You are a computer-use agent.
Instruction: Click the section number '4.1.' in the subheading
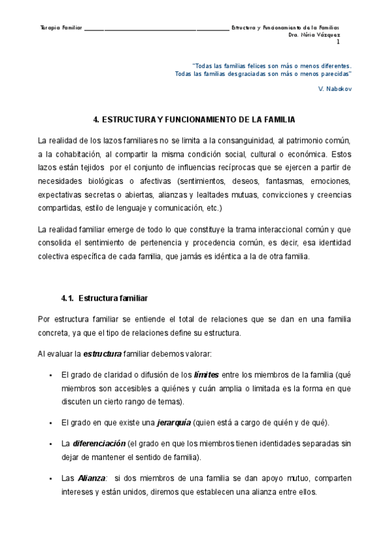click(x=68, y=298)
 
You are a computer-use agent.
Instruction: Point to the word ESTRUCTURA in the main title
click(x=125, y=120)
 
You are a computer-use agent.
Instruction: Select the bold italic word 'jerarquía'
click(x=174, y=422)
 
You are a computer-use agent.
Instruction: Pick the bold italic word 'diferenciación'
click(x=99, y=444)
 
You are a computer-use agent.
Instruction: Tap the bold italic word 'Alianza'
click(x=91, y=478)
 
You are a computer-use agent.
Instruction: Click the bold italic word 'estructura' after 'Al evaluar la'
click(x=103, y=353)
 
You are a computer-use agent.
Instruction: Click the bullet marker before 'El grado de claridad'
click(x=50, y=376)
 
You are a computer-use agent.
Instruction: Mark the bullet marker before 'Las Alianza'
click(x=50, y=479)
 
